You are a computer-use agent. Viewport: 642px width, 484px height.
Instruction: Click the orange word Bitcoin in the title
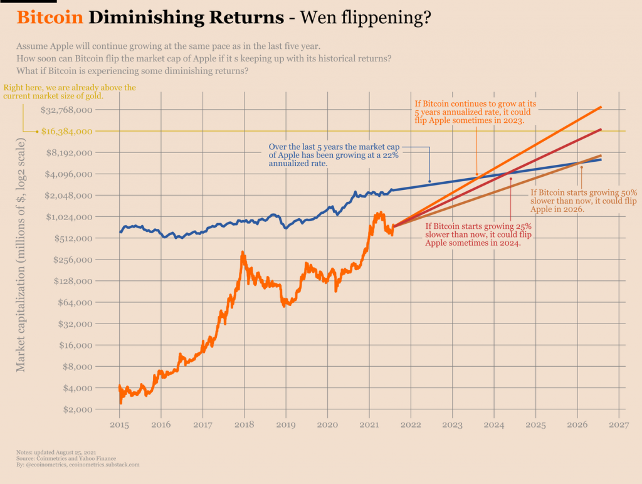(50, 17)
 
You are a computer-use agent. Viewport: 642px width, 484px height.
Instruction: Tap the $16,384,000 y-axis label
(67, 132)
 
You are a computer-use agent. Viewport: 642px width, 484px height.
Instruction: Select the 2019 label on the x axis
(286, 424)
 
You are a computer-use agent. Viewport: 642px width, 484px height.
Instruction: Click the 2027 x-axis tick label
(618, 424)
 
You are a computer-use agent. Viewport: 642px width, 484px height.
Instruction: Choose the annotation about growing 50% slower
(583, 201)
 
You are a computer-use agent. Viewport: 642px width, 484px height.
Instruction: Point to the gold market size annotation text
(69, 92)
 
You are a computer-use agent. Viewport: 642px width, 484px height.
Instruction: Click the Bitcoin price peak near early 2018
(243, 253)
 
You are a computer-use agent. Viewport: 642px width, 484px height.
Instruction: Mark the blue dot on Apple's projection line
(429, 181)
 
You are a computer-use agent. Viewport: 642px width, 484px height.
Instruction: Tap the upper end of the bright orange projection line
(601, 107)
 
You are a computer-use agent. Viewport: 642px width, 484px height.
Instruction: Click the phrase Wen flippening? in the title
(366, 17)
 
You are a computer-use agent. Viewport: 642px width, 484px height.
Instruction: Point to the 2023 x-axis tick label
(452, 424)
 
